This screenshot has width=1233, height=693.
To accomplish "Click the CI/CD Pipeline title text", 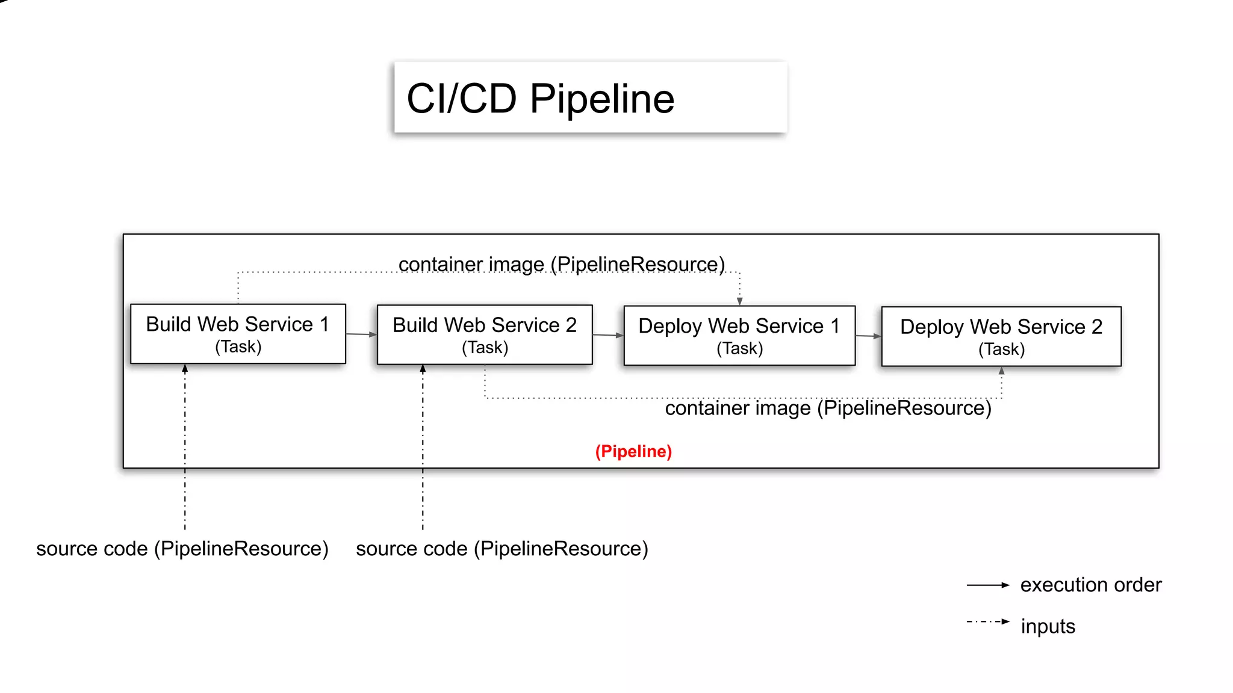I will tap(540, 99).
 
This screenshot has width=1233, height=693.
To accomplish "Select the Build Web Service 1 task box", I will tap(238, 334).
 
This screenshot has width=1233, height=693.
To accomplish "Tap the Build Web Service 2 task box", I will tap(485, 335).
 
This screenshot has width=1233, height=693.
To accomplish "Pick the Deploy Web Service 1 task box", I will tap(739, 336).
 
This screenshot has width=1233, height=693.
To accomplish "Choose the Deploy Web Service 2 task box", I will tap(1001, 337).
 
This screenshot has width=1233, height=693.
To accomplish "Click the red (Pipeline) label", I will tap(633, 451).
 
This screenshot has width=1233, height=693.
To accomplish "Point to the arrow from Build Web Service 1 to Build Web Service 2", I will tap(361, 334).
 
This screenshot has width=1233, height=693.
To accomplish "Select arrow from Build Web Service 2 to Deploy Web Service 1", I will tap(608, 335).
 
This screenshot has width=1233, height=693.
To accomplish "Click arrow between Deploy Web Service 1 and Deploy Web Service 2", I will tap(868, 336).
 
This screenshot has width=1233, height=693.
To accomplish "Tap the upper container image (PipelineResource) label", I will tap(561, 264).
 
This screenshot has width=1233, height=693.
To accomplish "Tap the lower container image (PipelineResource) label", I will tap(828, 408).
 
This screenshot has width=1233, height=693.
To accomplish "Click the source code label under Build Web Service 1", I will tap(182, 549).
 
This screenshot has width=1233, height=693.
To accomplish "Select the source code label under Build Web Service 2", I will tap(502, 549).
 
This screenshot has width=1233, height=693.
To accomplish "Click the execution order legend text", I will tap(1090, 585).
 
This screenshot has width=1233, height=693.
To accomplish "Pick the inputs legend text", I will tap(1048, 626).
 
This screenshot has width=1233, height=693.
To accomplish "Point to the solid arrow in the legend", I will tap(987, 585).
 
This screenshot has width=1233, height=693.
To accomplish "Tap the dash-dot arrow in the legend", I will tap(987, 622).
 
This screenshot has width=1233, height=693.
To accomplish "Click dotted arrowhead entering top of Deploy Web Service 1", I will tap(740, 301).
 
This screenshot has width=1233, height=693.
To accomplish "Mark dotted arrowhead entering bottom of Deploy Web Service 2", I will tap(1002, 371).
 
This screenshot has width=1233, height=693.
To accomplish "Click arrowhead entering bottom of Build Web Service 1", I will tap(185, 368).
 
